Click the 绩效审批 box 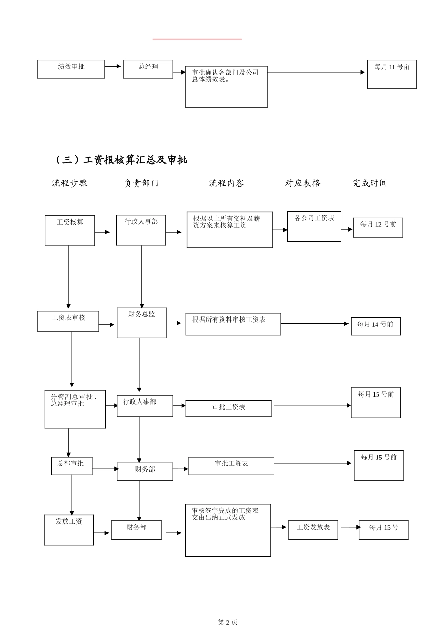(71, 69)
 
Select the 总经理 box (148, 69)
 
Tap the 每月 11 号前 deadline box (392, 74)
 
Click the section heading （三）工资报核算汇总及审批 (121, 160)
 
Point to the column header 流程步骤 (70, 183)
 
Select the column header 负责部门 (141, 183)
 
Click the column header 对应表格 (303, 183)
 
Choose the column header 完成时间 (370, 183)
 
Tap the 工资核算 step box (70, 231)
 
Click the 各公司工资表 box (314, 227)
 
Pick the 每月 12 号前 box (378, 228)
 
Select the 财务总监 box (141, 322)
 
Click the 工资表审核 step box (68, 321)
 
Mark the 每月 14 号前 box (376, 326)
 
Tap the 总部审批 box (72, 466)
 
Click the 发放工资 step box (69, 530)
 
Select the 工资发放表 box (313, 530)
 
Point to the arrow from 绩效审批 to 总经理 (113, 67)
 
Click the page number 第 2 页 (228, 622)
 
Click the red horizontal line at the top (197, 39)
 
